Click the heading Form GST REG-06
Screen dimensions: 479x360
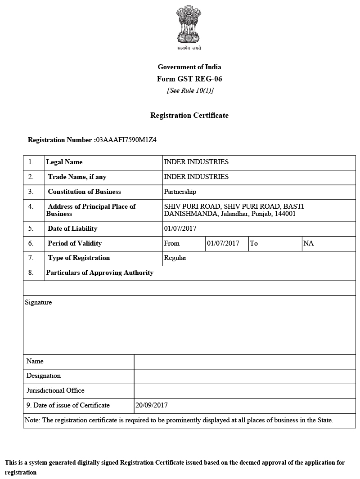tap(189, 79)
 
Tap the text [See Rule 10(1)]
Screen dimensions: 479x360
tap(189, 90)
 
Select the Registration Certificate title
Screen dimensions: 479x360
tap(189, 116)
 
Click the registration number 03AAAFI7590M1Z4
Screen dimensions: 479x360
tap(126, 140)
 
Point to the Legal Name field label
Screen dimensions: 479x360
tap(64, 162)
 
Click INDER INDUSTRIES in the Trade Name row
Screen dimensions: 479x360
tap(196, 177)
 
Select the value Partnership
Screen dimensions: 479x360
tap(180, 192)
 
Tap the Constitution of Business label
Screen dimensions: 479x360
tap(84, 192)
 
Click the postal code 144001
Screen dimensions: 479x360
tap(285, 214)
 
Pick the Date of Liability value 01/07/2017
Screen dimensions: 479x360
tap(180, 228)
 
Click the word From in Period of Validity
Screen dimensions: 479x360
tap(172, 243)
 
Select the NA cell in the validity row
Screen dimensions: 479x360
tap(308, 243)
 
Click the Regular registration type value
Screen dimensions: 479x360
tap(175, 258)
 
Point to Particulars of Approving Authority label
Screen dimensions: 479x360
tap(99, 273)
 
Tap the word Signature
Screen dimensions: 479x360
tap(38, 302)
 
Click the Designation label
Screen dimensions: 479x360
tap(43, 376)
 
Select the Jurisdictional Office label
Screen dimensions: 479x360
tap(55, 390)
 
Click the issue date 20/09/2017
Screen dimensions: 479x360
tap(151, 405)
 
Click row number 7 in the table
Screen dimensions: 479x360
tap(31, 258)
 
